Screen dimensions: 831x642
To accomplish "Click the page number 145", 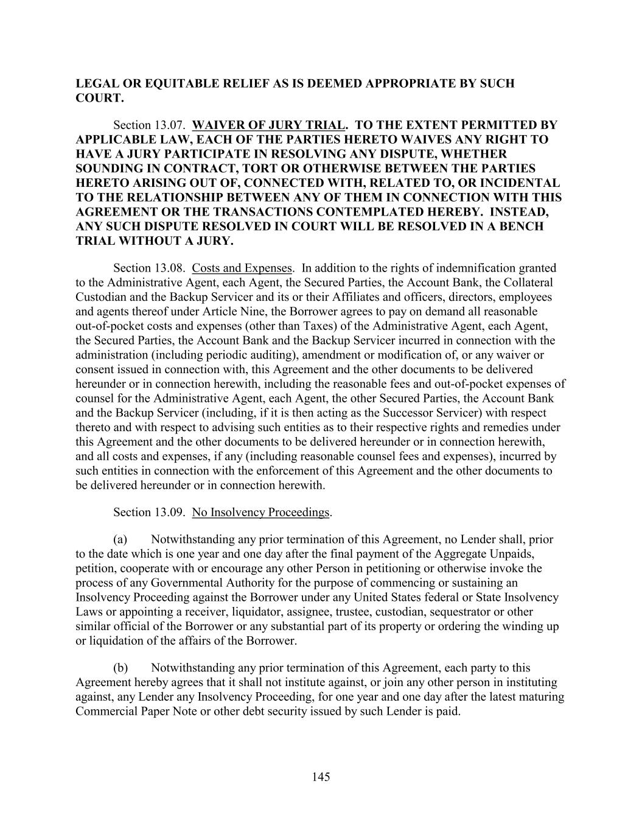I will [x=321, y=777].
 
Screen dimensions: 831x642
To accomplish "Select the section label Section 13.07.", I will [x=149, y=125].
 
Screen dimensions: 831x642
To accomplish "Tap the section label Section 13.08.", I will [x=149, y=268].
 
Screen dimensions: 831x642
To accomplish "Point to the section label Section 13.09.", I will [x=149, y=513].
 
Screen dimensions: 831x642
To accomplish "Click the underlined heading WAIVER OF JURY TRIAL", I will [x=268, y=125].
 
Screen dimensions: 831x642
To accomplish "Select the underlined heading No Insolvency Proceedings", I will [x=260, y=513].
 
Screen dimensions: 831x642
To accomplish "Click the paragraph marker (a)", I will [x=120, y=539].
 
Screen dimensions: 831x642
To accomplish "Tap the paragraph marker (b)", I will [x=120, y=668].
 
